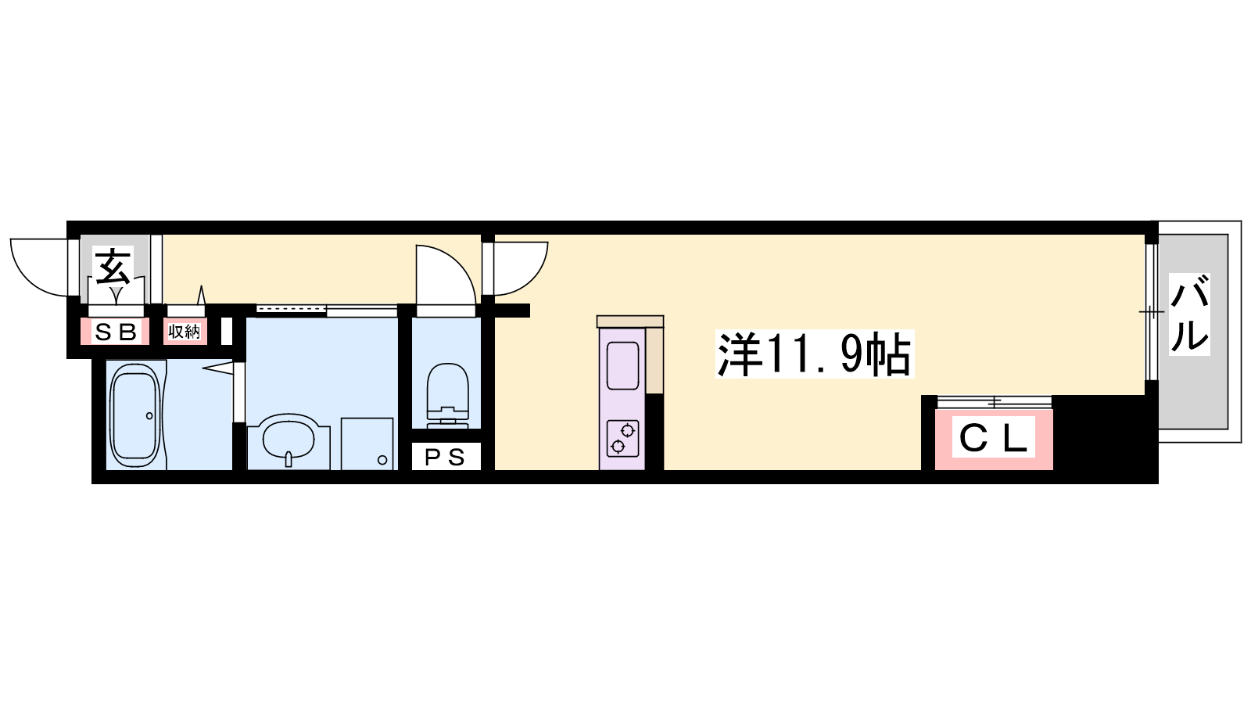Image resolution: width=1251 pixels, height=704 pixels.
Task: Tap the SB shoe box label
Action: coord(116,332)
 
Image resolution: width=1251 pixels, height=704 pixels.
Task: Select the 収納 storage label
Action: coord(185,332)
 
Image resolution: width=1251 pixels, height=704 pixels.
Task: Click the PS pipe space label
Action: coord(445,458)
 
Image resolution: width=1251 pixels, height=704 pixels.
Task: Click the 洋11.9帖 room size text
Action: coord(814,354)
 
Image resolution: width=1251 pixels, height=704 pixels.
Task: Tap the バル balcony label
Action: coord(1189,314)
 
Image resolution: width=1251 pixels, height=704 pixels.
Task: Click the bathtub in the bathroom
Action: coord(136,415)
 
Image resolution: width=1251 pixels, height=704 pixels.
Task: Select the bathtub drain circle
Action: coord(149,415)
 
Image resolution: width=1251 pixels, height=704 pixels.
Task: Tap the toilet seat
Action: coord(447,386)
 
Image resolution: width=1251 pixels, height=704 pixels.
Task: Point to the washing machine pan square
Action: coord(367,444)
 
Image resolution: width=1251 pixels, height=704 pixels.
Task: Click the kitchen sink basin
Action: coord(622,365)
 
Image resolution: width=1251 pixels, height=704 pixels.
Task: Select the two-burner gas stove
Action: coord(622,438)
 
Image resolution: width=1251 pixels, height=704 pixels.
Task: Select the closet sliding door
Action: coord(994,402)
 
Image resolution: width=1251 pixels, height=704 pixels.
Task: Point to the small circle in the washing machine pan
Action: coord(382,461)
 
